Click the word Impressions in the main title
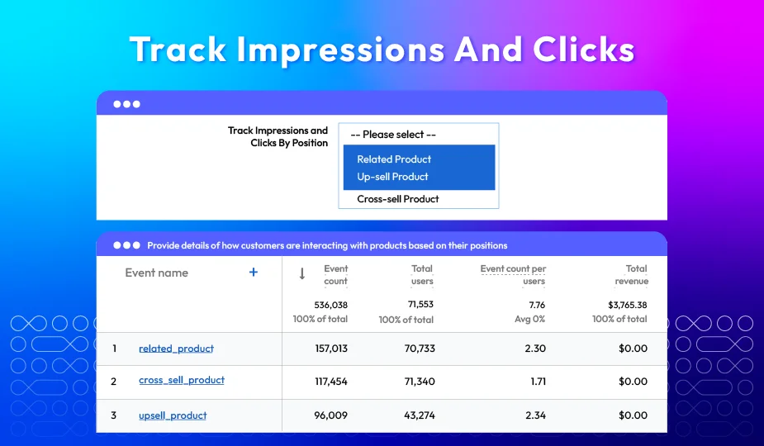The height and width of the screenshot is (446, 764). [x=340, y=50]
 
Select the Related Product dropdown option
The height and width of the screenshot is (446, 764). [x=394, y=159]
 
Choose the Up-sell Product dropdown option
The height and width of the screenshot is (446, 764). [x=392, y=177]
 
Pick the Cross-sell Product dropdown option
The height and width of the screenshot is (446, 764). [x=397, y=199]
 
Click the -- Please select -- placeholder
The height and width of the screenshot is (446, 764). [x=393, y=135]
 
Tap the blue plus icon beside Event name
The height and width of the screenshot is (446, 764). [x=254, y=272]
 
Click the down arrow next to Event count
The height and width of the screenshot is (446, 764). [x=302, y=274]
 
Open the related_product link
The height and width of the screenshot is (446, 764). [x=177, y=349]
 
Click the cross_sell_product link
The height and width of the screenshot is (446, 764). [x=182, y=380]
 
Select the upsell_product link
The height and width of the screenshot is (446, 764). [x=173, y=415]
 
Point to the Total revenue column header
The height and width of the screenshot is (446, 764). [x=632, y=275]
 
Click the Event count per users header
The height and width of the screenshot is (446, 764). [x=513, y=275]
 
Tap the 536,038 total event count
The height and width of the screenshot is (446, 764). [x=331, y=305]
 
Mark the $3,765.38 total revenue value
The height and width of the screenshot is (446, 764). [x=628, y=305]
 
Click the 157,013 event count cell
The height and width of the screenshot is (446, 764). [x=331, y=349]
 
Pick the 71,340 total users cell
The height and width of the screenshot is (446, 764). [x=420, y=382]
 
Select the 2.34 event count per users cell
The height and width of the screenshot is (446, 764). [x=535, y=415]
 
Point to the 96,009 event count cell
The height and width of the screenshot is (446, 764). [x=331, y=415]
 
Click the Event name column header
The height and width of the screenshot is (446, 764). [x=156, y=273]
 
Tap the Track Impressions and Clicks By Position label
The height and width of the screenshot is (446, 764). [x=278, y=137]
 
